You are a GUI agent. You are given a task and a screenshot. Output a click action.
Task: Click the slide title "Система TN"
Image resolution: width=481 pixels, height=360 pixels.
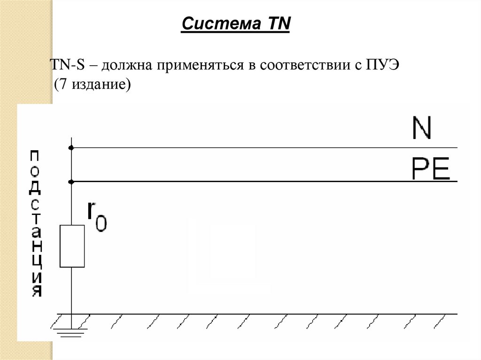click(236, 24)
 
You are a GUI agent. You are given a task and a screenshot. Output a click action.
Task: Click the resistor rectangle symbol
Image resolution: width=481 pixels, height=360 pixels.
click(72, 246)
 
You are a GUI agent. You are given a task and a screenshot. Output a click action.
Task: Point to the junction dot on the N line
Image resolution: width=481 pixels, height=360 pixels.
click(71, 148)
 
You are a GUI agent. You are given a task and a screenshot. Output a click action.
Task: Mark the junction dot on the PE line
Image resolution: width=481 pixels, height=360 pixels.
click(71, 181)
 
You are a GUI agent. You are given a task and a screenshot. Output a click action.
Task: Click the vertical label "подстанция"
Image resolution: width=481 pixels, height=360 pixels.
click(36, 223)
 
